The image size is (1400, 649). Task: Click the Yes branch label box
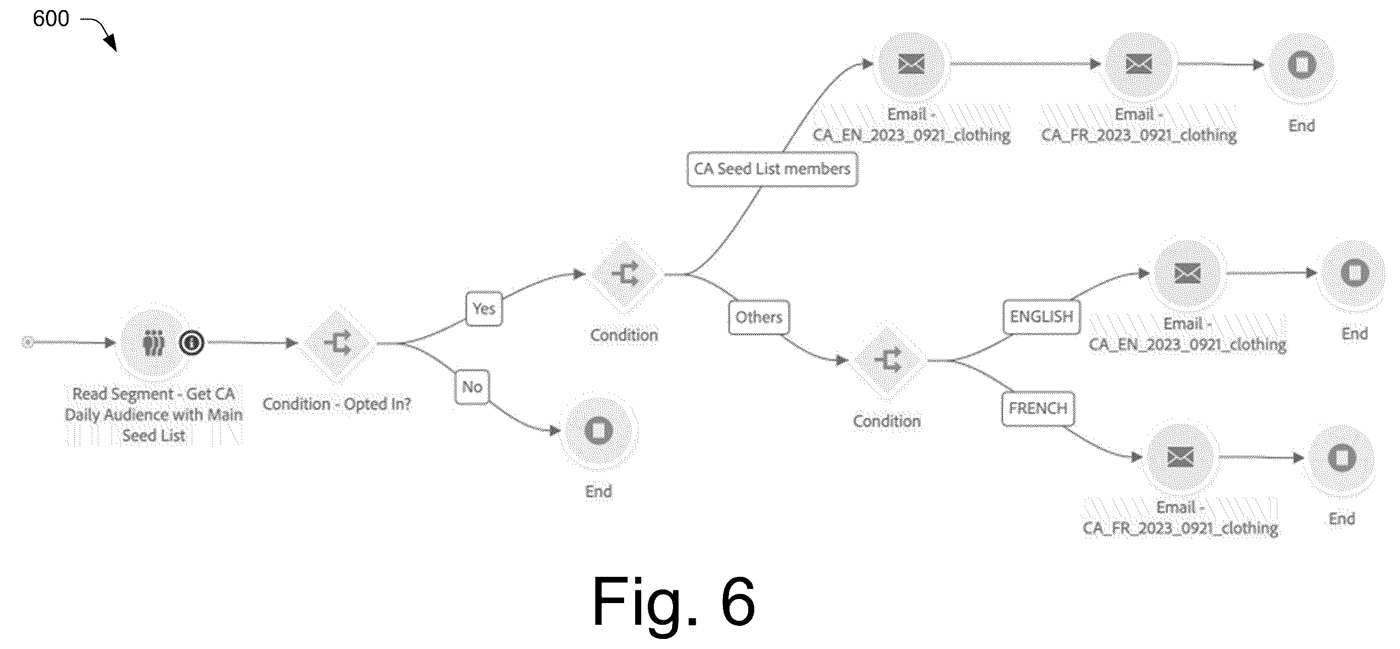[x=484, y=309]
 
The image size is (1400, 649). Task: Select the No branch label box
[x=472, y=387]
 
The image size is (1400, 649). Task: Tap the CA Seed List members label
[x=772, y=169]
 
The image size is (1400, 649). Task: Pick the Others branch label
[x=759, y=317]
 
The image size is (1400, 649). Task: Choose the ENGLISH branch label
[x=1041, y=316]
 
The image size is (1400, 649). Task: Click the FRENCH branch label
[x=1038, y=408]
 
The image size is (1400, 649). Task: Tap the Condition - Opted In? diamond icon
[x=337, y=343]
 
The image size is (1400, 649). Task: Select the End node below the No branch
[x=598, y=431]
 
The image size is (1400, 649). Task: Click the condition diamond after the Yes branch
[x=625, y=275]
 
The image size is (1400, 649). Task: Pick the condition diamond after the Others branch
[x=887, y=360]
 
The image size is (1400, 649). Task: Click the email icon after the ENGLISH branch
[x=1188, y=273]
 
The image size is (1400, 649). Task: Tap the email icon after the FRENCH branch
[x=1180, y=457]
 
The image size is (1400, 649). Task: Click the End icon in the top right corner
[x=1302, y=65]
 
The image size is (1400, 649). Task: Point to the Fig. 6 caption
[x=674, y=602]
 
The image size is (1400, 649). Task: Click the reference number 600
[x=51, y=19]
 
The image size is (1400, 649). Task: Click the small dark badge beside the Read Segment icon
[x=191, y=343]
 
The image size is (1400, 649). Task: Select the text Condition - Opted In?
[x=337, y=404]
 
